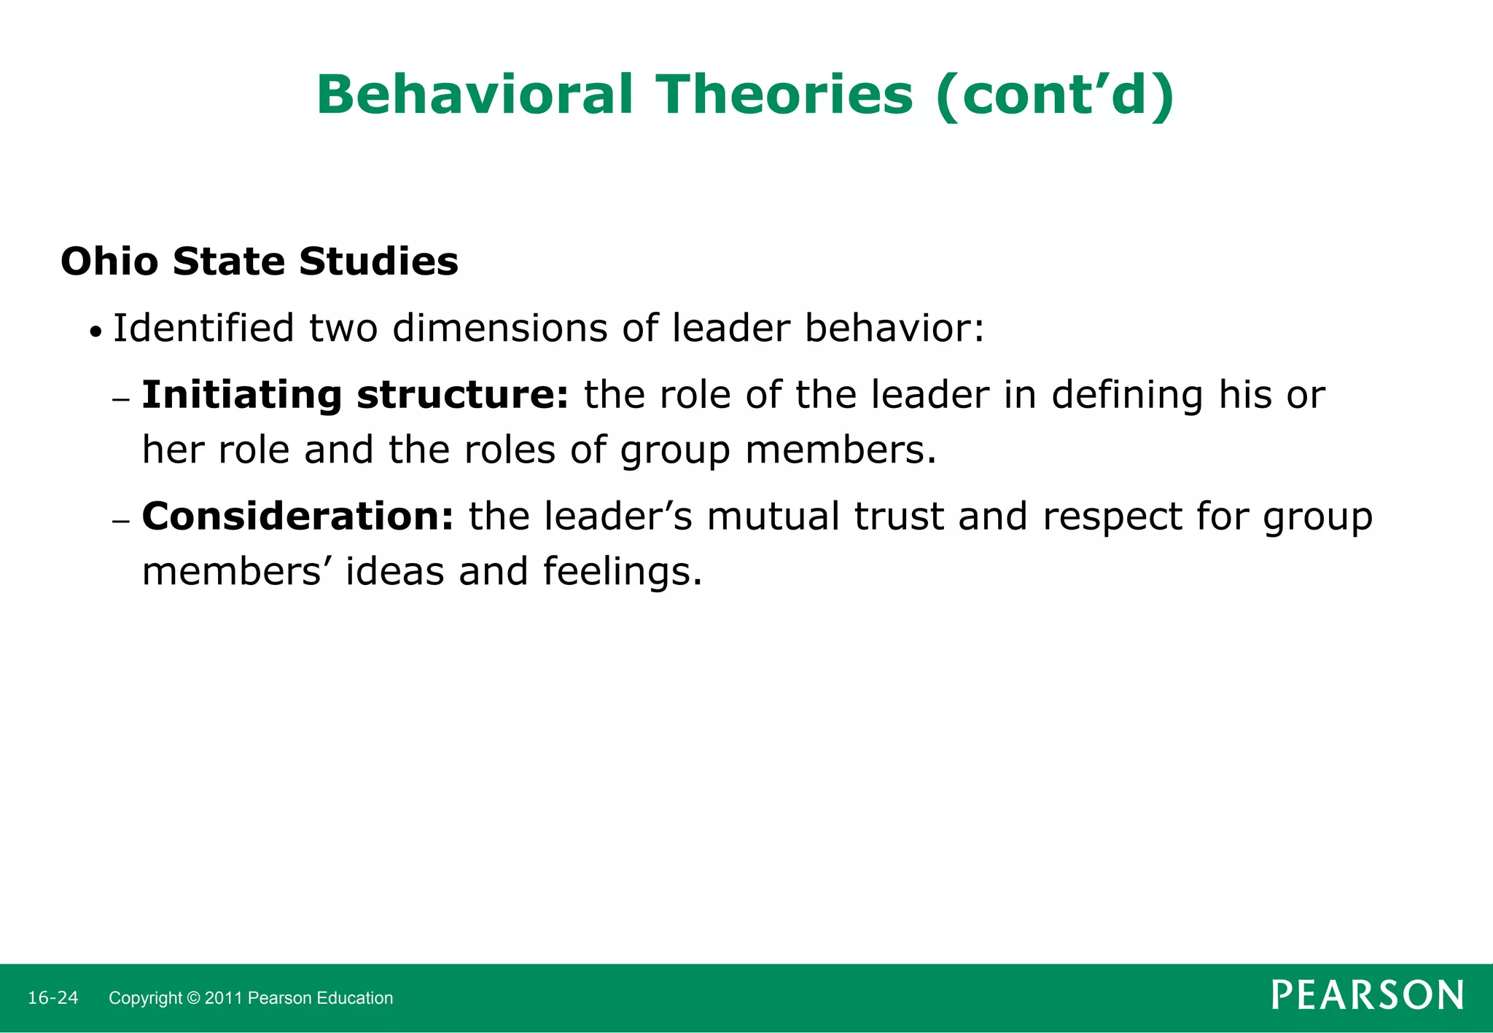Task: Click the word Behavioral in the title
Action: (475, 95)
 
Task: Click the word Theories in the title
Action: (784, 95)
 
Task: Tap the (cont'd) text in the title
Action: (1055, 95)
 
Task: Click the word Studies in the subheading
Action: (378, 262)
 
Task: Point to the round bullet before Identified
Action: (95, 333)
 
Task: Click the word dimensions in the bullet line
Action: (499, 329)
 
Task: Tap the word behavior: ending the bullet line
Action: (894, 329)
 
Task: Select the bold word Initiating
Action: (241, 396)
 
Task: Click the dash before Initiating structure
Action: (121, 399)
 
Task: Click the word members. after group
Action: (841, 450)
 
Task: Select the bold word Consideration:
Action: (297, 516)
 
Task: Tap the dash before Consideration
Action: (121, 521)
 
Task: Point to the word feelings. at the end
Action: (623, 572)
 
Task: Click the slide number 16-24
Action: (52, 998)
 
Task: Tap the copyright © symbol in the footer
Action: (193, 998)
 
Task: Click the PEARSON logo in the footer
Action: (1367, 995)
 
